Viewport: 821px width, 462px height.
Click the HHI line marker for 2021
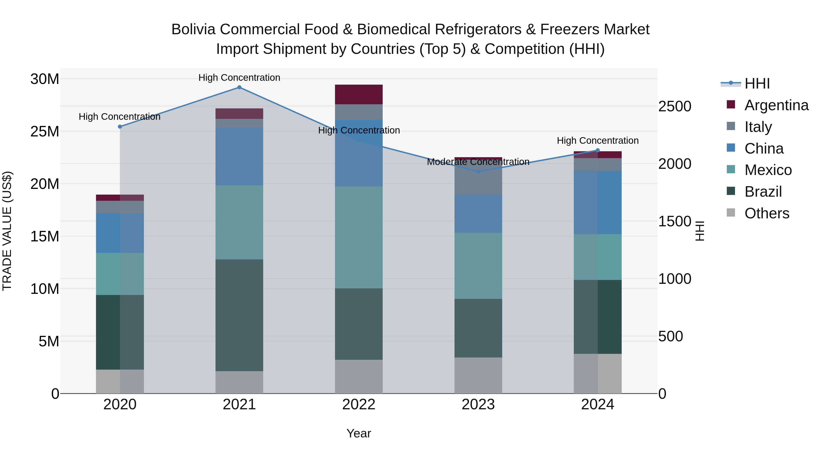point(239,87)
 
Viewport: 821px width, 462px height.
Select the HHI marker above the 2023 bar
point(478,172)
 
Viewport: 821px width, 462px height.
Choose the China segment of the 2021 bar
point(239,156)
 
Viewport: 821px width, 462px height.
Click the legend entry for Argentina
point(776,105)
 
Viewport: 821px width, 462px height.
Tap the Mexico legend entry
point(768,170)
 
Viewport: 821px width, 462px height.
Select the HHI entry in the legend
point(757,84)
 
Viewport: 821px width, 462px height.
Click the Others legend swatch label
point(766,213)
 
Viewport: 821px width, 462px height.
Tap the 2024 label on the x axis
point(598,405)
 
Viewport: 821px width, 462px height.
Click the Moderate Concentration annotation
point(478,162)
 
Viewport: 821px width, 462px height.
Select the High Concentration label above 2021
point(239,78)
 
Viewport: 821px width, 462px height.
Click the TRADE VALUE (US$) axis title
point(7,231)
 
